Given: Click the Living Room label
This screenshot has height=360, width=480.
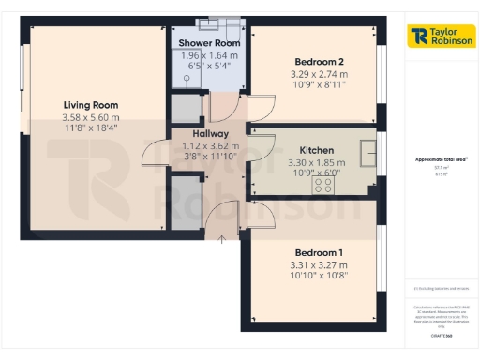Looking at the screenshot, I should (91, 104).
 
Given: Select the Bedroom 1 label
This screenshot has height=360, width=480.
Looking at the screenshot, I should (319, 253).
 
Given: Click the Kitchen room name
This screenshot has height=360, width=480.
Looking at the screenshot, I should (317, 150).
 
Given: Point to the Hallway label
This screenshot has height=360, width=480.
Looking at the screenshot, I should (185, 133).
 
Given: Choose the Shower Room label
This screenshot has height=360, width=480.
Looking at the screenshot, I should (209, 43).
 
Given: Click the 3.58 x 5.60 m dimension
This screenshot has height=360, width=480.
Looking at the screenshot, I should (91, 117).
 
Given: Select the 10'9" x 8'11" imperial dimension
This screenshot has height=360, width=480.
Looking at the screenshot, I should (316, 84).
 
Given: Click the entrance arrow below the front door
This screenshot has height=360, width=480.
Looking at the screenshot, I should (222, 241).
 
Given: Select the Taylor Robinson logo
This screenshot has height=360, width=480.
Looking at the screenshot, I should (440, 37).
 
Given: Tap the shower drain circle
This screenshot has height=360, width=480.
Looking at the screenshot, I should (212, 26).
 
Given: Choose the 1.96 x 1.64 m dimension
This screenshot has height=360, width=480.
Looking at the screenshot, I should (209, 55).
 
